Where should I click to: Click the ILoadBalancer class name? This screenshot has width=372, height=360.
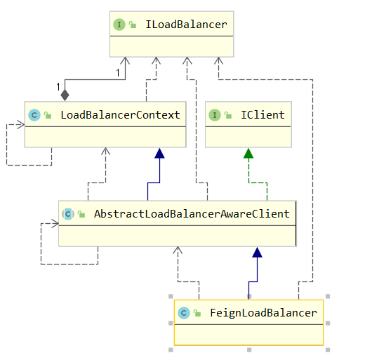(x=186, y=25)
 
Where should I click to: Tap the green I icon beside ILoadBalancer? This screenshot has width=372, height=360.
(x=119, y=25)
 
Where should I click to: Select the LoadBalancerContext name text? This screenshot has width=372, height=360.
(x=120, y=115)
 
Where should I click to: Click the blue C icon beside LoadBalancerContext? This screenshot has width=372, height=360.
(x=34, y=115)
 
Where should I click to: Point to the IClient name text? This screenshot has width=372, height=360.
(x=263, y=115)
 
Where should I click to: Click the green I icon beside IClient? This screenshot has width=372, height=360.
(x=215, y=115)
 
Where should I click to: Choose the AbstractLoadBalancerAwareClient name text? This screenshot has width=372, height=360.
(x=192, y=214)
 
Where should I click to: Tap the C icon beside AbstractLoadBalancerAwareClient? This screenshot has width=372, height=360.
(x=68, y=214)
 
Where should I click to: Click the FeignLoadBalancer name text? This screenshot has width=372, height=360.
(x=263, y=313)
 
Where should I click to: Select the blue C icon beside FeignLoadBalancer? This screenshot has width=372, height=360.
(x=184, y=313)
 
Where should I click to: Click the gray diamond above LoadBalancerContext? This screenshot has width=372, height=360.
(x=65, y=95)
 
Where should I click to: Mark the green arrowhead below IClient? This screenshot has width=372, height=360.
(x=248, y=153)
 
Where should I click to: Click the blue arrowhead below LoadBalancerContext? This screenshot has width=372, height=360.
(x=159, y=153)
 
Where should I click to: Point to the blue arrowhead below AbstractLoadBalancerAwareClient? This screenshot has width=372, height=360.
(x=257, y=253)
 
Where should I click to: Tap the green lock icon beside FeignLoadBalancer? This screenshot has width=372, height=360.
(x=197, y=313)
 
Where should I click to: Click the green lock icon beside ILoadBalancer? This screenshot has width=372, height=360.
(x=133, y=25)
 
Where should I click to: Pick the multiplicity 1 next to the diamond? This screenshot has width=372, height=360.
(x=58, y=87)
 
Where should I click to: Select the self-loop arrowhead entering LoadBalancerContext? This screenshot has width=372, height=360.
(x=20, y=124)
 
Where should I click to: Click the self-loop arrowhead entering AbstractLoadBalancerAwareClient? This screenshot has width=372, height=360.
(x=55, y=223)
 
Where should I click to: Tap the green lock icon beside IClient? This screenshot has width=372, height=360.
(x=228, y=115)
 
